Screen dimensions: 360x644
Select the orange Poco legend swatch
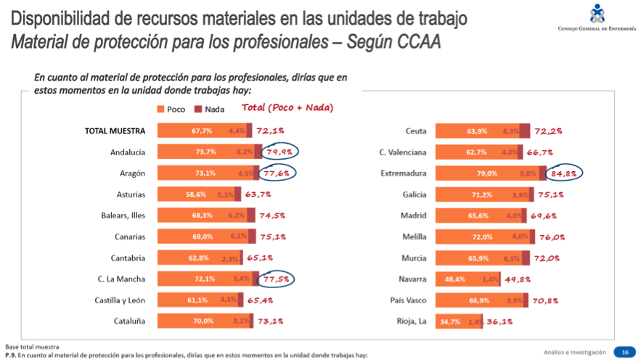(x=161, y=109)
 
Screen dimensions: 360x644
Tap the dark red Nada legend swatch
(x=197, y=109)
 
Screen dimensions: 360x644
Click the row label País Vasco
(x=408, y=300)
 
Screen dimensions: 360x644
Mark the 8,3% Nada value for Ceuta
(x=510, y=131)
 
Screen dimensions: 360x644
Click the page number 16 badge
(x=624, y=352)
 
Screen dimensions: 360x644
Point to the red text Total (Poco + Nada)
(x=287, y=108)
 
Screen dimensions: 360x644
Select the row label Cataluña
(x=129, y=321)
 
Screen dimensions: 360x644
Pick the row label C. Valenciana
(x=403, y=152)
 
